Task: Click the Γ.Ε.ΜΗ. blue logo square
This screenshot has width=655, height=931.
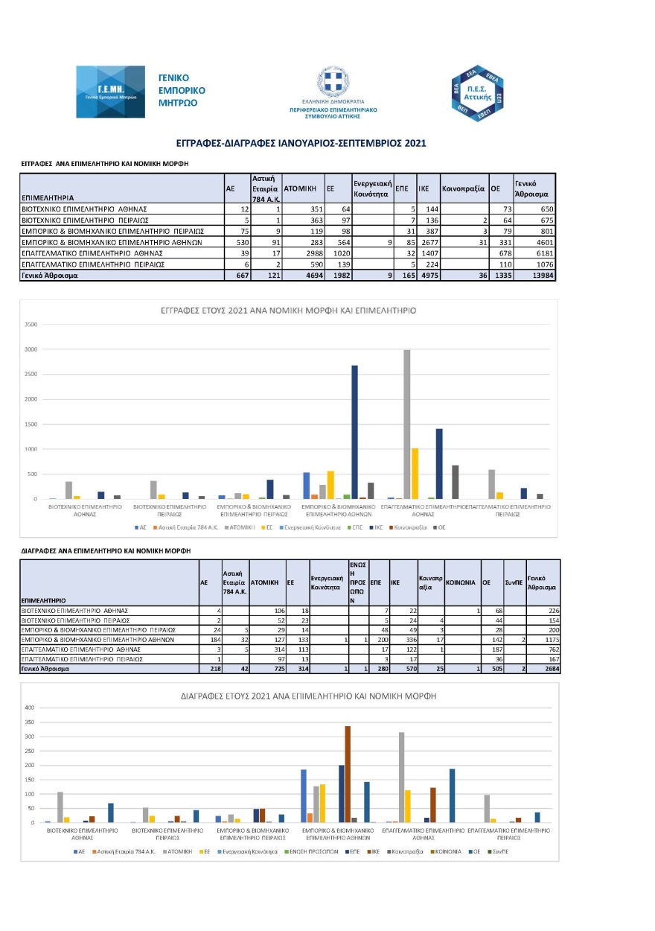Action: click(111, 92)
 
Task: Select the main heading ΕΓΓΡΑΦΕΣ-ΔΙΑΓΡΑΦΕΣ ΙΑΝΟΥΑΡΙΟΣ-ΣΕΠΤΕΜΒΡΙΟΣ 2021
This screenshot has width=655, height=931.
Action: click(301, 142)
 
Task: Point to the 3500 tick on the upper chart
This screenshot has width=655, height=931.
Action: click(31, 324)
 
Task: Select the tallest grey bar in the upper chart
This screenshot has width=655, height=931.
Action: click(406, 424)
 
